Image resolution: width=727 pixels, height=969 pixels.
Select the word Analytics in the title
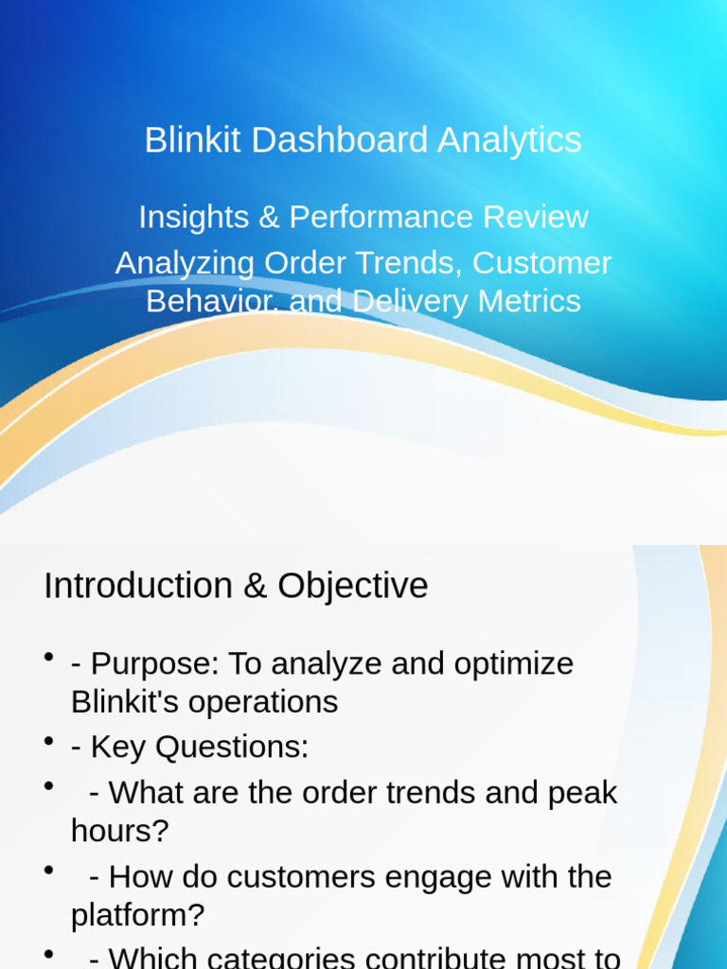click(x=509, y=140)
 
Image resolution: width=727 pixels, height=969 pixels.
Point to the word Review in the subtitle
click(x=536, y=217)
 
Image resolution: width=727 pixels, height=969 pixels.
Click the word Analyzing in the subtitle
click(x=186, y=263)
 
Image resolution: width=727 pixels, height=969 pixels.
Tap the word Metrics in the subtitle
click(x=529, y=301)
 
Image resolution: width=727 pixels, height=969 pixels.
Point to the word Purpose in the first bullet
click(x=154, y=663)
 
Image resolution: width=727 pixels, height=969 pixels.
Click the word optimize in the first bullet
click(x=514, y=663)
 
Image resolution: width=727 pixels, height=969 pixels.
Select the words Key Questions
click(x=200, y=748)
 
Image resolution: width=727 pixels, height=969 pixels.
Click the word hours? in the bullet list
click(x=119, y=831)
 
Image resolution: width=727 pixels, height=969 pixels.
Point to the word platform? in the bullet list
click(x=137, y=914)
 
